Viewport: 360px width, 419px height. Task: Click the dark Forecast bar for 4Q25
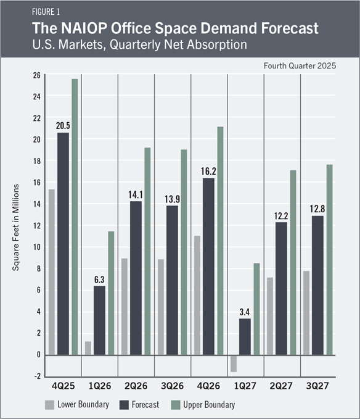(63, 244)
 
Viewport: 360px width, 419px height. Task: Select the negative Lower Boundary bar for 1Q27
(234, 363)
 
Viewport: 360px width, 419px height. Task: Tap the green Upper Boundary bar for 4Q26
(220, 241)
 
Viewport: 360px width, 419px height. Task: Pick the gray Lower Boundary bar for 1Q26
(88, 348)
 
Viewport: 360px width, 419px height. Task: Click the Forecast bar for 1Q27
(245, 337)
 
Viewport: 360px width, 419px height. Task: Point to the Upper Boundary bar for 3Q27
(330, 260)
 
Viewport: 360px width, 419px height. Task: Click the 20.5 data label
(63, 126)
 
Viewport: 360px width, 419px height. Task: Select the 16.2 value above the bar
(208, 172)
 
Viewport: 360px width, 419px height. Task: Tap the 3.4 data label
(245, 312)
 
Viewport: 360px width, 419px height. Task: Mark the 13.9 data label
(172, 199)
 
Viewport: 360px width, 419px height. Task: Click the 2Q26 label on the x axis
(136, 386)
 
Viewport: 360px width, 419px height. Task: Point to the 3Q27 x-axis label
(317, 386)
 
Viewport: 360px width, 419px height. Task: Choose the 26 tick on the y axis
(37, 75)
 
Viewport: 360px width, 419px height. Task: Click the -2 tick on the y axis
(37, 376)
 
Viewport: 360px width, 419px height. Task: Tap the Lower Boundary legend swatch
(50, 405)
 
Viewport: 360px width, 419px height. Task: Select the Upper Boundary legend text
(209, 405)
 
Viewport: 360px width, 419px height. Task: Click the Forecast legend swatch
(124, 405)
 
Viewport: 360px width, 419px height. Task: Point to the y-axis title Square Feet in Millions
(16, 228)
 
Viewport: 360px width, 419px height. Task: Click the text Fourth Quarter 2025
(300, 66)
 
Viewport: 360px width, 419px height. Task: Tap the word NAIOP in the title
(84, 28)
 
